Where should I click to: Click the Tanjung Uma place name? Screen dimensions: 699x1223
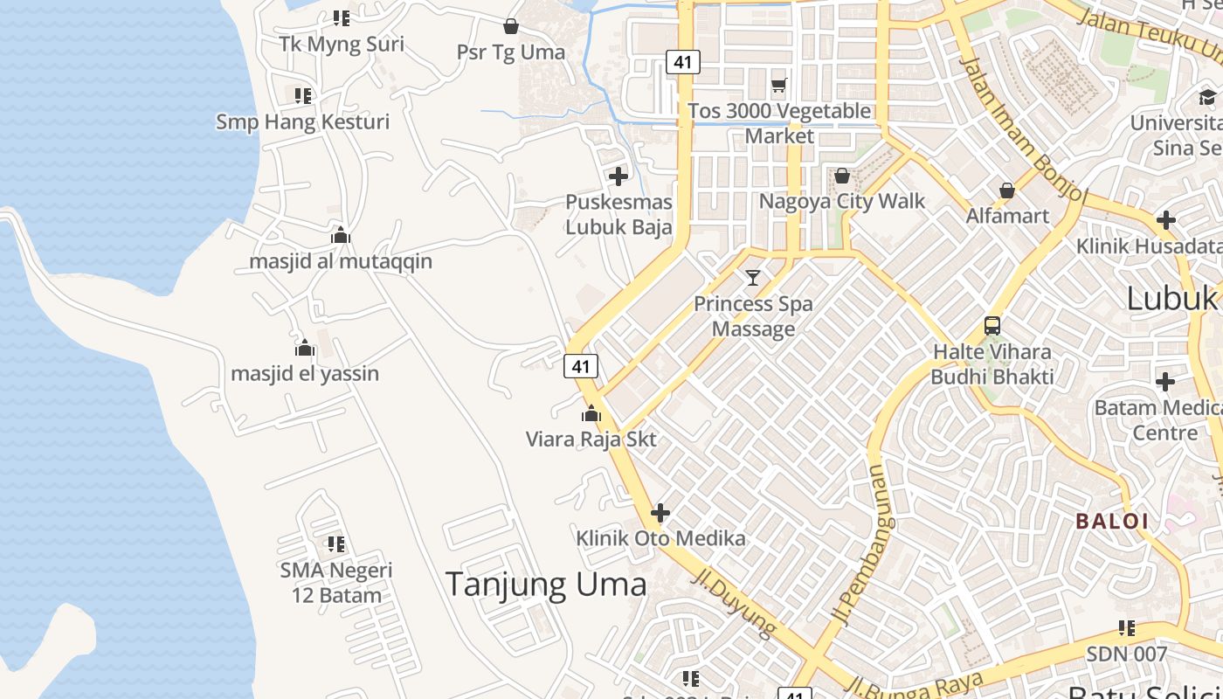pos(546,584)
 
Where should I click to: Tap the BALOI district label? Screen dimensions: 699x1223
pos(1111,522)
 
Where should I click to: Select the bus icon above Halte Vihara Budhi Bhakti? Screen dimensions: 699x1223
pos(992,326)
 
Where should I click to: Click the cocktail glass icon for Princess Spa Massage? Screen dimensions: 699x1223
pos(753,278)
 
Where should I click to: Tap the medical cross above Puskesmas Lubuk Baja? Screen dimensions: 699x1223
pos(618,176)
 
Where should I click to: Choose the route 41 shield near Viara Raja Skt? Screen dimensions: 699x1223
pos(581,366)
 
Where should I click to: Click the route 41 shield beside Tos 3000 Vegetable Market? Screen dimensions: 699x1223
pos(683,62)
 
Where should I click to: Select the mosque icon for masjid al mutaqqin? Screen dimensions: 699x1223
pos(341,235)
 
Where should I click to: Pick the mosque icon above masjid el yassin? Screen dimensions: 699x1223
pos(305,348)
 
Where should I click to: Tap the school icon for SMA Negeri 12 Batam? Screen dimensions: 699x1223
pos(336,544)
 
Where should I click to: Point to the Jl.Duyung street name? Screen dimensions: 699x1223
pos(735,602)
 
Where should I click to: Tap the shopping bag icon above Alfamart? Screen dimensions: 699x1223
pos(1007,190)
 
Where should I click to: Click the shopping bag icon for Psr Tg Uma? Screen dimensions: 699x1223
pos(511,26)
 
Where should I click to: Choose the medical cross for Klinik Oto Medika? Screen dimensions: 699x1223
pos(660,513)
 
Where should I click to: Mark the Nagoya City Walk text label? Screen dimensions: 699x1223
pos(841,201)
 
